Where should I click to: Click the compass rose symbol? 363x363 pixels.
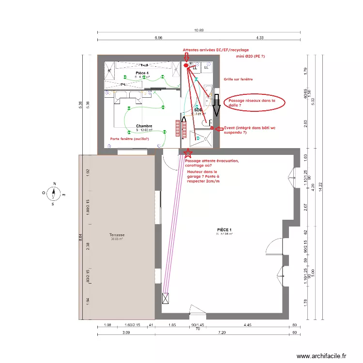pos(55,193)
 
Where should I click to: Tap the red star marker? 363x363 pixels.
pos(187,153)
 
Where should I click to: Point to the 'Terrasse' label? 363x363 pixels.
pos(117,235)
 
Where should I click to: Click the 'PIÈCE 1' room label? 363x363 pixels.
pos(224,230)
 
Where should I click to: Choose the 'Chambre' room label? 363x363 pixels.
pos(144,126)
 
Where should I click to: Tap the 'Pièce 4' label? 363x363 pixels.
pos(142,73)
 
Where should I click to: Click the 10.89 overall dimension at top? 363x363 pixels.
pos(199,30)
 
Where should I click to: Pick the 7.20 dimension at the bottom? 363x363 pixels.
pos(223,333)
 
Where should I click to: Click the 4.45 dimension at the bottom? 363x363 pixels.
pos(248,325)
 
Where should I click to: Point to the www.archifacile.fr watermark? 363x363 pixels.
pos(321,356)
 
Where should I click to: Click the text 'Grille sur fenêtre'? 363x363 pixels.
pos(238,79)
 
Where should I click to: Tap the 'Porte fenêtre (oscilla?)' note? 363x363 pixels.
pos(129,139)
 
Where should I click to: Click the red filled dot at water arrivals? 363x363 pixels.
pos(186,65)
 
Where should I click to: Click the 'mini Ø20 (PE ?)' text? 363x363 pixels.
pos(250,57)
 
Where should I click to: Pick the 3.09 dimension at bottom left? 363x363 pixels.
pos(126,333)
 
